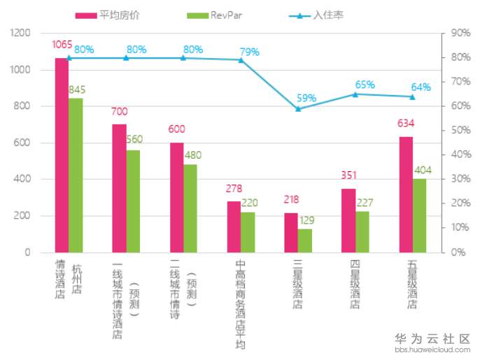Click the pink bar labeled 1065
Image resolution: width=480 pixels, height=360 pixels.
point(62,154)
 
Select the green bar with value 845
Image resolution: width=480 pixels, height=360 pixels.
point(76,175)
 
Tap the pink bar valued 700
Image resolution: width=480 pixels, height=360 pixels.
point(120,188)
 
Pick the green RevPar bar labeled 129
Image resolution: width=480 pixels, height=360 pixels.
point(304,240)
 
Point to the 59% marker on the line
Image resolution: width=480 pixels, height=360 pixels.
point(298,108)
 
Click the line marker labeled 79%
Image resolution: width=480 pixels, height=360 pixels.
point(241,60)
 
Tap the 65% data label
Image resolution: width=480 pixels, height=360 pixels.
point(365,85)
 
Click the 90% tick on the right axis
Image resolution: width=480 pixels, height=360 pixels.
point(460,33)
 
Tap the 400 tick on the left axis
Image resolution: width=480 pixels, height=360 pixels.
point(24,179)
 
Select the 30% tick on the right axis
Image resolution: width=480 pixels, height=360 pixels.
point(460,179)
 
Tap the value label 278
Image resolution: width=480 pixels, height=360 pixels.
point(234,189)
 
